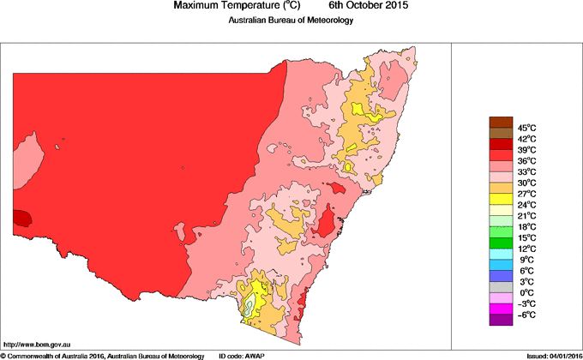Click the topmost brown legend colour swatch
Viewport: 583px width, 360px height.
point(501,122)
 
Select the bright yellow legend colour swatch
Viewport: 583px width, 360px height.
point(501,199)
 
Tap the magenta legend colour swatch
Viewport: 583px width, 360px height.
point(501,309)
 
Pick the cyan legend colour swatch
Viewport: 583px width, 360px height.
point(501,255)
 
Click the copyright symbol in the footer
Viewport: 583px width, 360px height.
point(3,355)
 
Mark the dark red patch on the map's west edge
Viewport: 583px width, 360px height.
point(21,218)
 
